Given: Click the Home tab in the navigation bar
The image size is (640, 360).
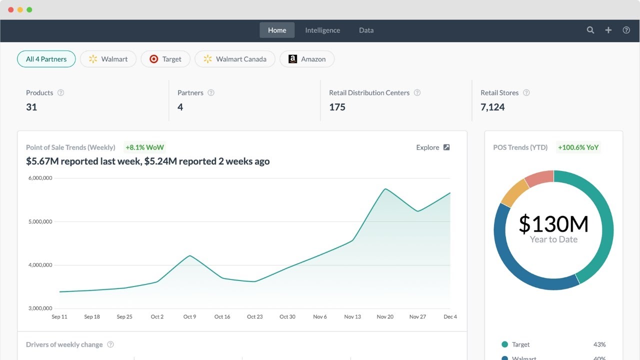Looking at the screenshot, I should click(277, 30).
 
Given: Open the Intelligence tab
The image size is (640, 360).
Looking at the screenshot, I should click(322, 30).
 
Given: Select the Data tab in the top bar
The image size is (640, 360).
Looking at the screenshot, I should click(366, 30).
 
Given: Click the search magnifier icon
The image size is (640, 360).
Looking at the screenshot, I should click(590, 30).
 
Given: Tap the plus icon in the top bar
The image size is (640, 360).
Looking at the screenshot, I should click(608, 30).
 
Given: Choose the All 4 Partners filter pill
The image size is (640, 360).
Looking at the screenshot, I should click(46, 59).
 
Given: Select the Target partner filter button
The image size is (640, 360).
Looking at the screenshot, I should click(165, 59).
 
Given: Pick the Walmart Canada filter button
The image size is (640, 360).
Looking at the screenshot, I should click(234, 59).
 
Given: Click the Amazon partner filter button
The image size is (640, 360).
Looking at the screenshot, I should click(306, 59).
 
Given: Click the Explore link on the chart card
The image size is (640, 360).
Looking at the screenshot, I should click(432, 147).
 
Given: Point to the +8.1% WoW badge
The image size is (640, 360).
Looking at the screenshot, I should click(144, 147).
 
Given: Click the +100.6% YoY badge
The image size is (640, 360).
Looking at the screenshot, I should click(578, 147).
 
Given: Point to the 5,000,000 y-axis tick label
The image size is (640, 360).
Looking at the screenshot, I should click(40, 221).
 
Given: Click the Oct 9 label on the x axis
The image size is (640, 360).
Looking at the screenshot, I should click(189, 316).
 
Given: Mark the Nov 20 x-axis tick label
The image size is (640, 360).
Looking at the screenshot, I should click(385, 316).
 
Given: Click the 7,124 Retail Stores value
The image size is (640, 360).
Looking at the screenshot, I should click(492, 107).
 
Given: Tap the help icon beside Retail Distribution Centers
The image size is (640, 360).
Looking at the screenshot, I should click(417, 93).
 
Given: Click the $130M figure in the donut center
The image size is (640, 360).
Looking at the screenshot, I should click(553, 224).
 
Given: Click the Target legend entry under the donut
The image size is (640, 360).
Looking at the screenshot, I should click(520, 344).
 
